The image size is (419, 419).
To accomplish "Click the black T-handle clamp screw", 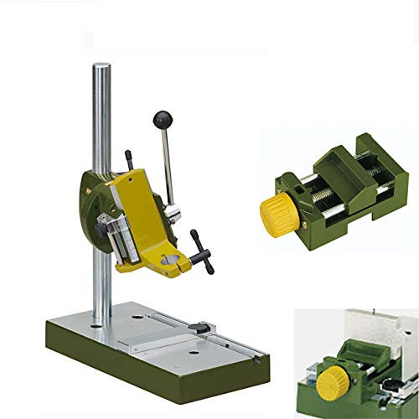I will point(200,251).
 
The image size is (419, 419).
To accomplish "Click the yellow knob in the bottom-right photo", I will point(328,384).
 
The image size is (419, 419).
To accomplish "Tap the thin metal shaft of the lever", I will point(167,163).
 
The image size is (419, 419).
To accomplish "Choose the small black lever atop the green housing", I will point(129,158).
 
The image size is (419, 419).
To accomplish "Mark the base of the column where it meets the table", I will point(101,321).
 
